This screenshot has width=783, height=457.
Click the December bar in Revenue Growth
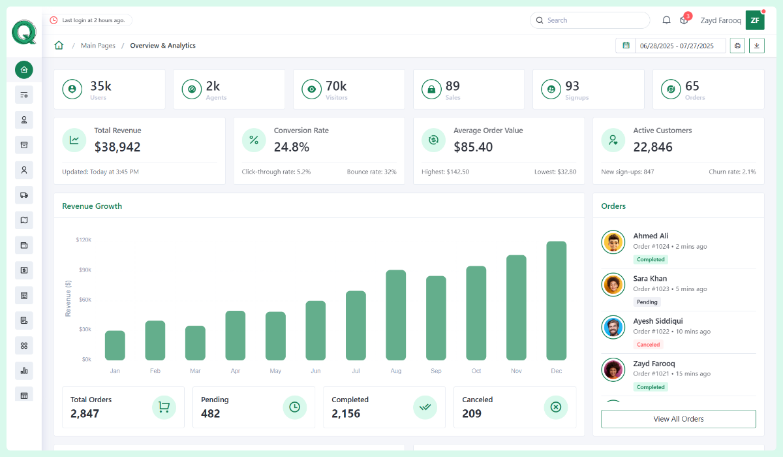[556, 301]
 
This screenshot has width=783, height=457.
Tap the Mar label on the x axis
[195, 371]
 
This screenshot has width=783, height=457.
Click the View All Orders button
[678, 419]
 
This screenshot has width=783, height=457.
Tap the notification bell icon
[666, 20]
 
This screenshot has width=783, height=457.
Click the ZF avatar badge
[754, 20]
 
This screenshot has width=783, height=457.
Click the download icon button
[756, 45]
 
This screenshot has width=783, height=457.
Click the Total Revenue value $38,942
[117, 147]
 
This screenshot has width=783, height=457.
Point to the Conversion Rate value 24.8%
[292, 147]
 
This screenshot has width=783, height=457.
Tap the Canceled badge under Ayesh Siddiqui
[649, 344]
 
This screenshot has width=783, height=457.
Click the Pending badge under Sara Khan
[647, 302]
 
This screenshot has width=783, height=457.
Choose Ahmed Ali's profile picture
[613, 242]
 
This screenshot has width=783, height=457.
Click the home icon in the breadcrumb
[59, 46]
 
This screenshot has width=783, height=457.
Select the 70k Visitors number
[336, 86]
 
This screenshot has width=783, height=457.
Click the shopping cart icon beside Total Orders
[164, 407]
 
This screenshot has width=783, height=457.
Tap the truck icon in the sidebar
[24, 195]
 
